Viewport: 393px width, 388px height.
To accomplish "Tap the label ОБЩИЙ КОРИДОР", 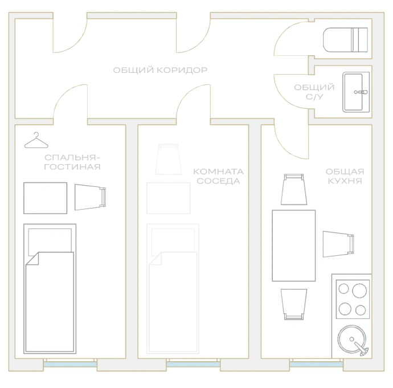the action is tap(160, 70).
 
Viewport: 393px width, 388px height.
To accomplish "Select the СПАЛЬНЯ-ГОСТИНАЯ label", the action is tap(72, 162).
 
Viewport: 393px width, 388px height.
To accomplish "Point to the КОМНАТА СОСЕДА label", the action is tap(218, 176).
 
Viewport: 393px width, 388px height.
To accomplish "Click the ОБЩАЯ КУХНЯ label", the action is tap(345, 176).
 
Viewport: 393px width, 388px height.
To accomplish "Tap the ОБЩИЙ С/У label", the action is tap(314, 92).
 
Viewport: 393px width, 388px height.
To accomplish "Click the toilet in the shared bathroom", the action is tap(345, 40).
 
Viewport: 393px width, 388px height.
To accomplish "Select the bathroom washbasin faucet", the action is tap(361, 92).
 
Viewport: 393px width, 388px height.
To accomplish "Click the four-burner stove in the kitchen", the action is tap(353, 299).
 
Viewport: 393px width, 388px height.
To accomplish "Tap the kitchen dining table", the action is tap(294, 246).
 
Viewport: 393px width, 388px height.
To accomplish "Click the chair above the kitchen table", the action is tap(294, 189).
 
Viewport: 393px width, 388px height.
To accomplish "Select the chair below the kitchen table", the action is tap(294, 304).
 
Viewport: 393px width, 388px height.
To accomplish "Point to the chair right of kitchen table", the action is tap(338, 244).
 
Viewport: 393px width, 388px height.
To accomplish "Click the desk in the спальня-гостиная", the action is tap(46, 198).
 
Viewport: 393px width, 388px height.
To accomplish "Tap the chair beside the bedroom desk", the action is tap(90, 197).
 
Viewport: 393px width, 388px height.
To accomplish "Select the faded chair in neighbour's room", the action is tap(169, 159).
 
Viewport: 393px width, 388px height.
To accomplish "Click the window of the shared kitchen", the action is tap(316, 363).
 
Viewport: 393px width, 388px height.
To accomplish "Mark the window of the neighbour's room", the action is tap(193, 363).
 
